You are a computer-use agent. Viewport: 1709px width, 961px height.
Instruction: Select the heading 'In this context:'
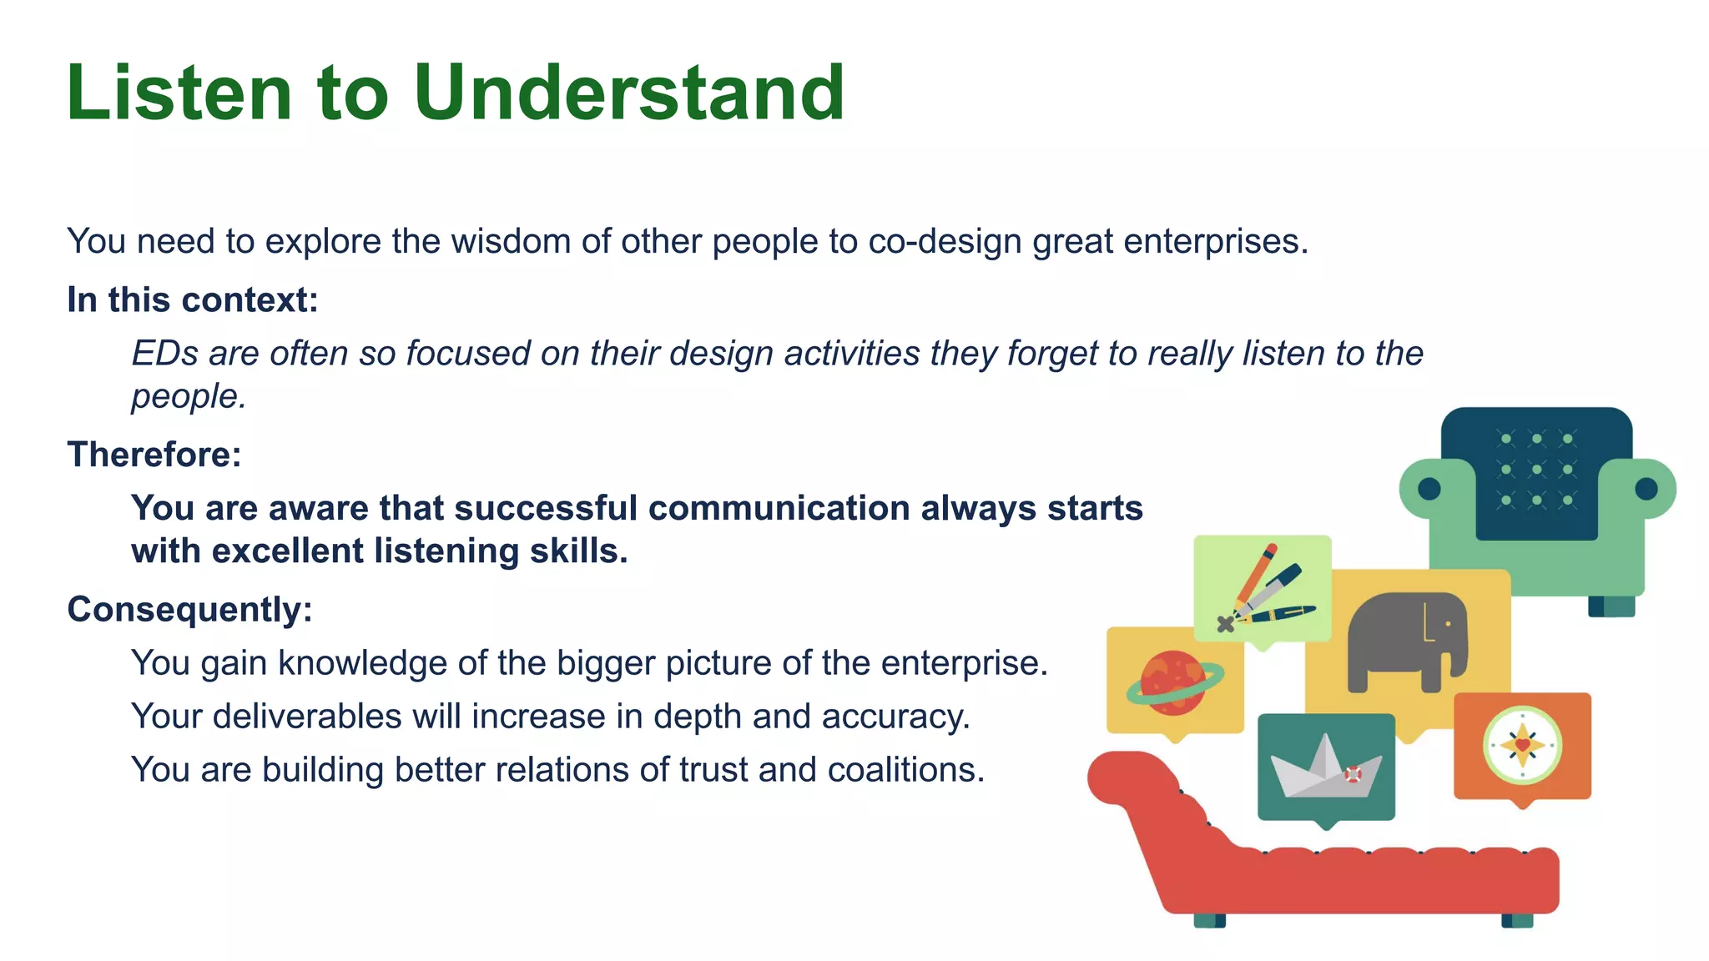(x=192, y=299)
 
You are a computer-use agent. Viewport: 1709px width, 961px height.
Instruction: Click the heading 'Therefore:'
(x=154, y=455)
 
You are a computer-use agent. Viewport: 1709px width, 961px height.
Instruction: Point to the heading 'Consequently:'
(x=189, y=609)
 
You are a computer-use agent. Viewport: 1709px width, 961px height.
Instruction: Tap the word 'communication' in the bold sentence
(x=778, y=508)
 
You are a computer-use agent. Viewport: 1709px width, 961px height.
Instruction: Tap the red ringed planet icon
(x=1173, y=682)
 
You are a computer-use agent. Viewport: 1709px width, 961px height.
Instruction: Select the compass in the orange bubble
(x=1522, y=745)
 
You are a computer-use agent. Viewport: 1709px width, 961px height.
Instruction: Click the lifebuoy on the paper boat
(x=1353, y=775)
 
